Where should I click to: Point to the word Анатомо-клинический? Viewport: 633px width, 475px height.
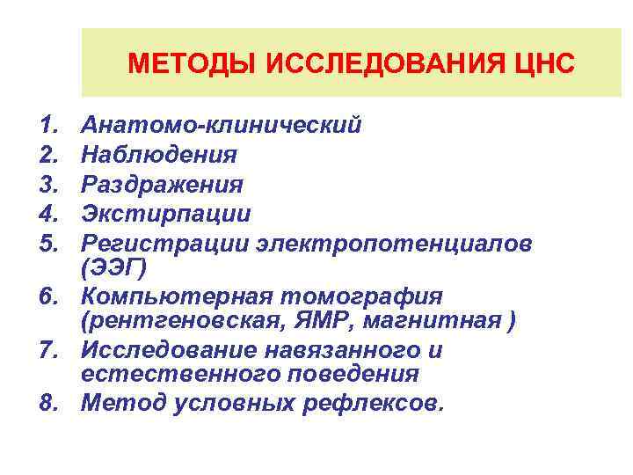221,126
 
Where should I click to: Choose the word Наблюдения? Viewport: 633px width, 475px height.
158,156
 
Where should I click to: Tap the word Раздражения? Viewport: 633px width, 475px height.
162,185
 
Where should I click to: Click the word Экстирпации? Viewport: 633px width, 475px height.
165,214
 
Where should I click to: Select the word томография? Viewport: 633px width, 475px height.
368,296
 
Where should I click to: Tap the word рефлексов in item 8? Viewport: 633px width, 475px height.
374,404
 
